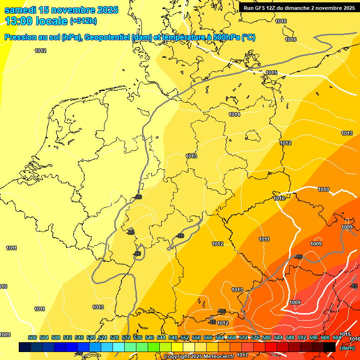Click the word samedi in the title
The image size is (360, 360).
pyautogui.click(x=20, y=10)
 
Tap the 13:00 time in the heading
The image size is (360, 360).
pyautogui.click(x=19, y=21)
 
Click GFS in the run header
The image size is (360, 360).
pyautogui.click(x=260, y=8)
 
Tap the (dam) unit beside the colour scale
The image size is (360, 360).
pyautogui.click(x=347, y=348)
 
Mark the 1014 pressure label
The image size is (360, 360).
pyautogui.click(x=234, y=115)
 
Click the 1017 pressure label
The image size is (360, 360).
pyautogui.click(x=242, y=355)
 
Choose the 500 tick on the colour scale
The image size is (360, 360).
pyautogui.click(x=32, y=337)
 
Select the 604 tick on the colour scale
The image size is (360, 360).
pyautogui.click(x=337, y=337)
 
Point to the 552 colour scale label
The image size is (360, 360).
pyautogui.click(x=185, y=337)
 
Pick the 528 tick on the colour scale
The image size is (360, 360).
pyautogui.click(x=114, y=337)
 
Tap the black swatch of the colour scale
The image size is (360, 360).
pyautogui.click(x=330, y=347)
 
